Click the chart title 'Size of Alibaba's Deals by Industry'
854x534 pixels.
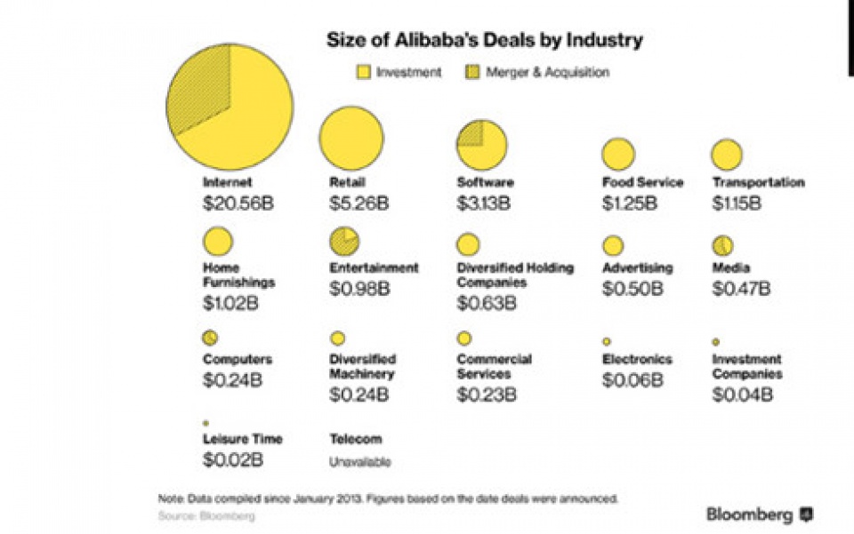485,40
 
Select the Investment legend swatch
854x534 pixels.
363,73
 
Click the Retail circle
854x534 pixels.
351,139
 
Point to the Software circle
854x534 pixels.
481,145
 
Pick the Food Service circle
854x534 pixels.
617,155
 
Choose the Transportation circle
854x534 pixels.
727,155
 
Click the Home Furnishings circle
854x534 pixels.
218,242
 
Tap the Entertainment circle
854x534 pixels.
344,241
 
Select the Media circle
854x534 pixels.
722,245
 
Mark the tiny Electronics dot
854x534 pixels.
607,341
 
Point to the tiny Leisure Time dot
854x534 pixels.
205,424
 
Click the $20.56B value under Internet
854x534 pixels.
238,203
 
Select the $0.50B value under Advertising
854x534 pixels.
632,289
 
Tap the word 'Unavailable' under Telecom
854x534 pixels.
360,462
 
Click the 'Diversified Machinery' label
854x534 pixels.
363,367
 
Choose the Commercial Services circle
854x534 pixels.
464,339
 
